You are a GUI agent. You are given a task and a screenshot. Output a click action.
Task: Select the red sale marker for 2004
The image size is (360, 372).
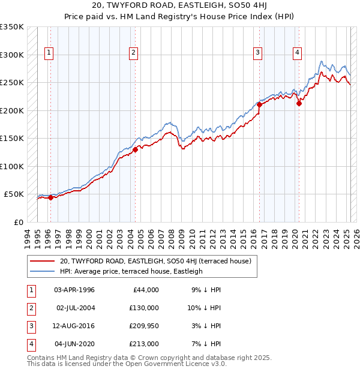pyautogui.click(x=136, y=150)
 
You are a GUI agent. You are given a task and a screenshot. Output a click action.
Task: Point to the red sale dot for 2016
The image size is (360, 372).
pyautogui.click(x=259, y=105)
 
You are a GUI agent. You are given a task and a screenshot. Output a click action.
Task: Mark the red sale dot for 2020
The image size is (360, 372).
pyautogui.click(x=298, y=103)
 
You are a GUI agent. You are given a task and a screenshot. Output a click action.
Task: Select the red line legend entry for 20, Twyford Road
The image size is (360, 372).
pyautogui.click(x=158, y=261)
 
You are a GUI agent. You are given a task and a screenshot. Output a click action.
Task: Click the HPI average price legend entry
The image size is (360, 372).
pyautogui.click(x=131, y=271)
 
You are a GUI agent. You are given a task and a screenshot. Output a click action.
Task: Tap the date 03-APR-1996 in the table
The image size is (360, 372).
pyautogui.click(x=74, y=290)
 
